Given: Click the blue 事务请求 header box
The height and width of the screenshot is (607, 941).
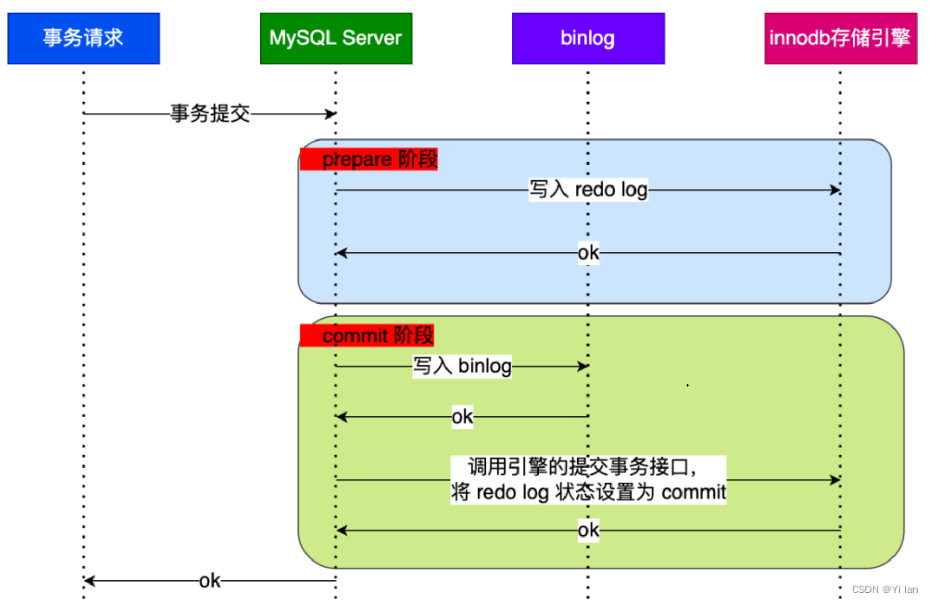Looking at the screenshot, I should click(x=83, y=38).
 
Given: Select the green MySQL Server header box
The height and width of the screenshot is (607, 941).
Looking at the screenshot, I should click(x=336, y=38).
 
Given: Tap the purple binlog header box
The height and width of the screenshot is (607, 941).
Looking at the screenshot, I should click(x=588, y=38).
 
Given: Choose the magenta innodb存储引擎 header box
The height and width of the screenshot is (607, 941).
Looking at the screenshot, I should click(x=840, y=38).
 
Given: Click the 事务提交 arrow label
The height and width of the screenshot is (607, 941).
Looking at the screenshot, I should click(x=210, y=113).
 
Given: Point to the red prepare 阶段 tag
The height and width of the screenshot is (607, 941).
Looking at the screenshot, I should click(x=369, y=159).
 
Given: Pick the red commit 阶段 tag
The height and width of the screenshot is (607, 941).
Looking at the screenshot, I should click(x=367, y=336).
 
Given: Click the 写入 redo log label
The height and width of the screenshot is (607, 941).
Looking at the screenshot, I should click(x=588, y=190).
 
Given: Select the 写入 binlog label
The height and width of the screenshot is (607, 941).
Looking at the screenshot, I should click(x=462, y=366).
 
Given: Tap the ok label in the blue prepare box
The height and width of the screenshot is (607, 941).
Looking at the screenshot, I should click(x=588, y=252).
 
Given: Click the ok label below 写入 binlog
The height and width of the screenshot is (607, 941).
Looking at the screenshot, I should click(x=462, y=416).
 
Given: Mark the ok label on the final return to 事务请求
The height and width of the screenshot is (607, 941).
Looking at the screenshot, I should click(x=209, y=581).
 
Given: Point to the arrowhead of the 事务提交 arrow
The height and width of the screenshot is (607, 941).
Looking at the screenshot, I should click(x=331, y=114).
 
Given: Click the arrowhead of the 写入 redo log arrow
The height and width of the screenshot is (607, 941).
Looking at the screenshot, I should click(x=835, y=190).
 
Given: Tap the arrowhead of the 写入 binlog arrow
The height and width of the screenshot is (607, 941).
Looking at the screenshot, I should click(x=583, y=366).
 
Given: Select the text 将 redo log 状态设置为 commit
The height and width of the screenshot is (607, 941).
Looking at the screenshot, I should click(x=588, y=493).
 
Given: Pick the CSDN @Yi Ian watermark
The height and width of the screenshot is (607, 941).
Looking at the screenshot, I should click(x=884, y=590).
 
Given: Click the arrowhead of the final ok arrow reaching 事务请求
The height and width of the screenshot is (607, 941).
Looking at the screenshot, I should click(x=89, y=581).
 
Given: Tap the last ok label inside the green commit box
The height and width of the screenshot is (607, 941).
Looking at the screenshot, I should click(x=588, y=530).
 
